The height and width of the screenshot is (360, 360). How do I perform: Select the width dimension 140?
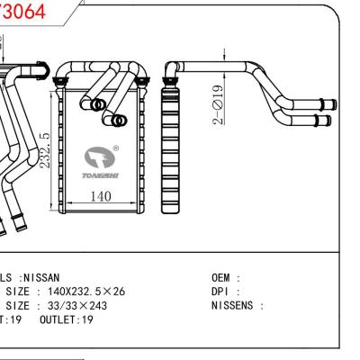click(100, 196)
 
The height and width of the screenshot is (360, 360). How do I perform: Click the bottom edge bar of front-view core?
click(99, 212)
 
